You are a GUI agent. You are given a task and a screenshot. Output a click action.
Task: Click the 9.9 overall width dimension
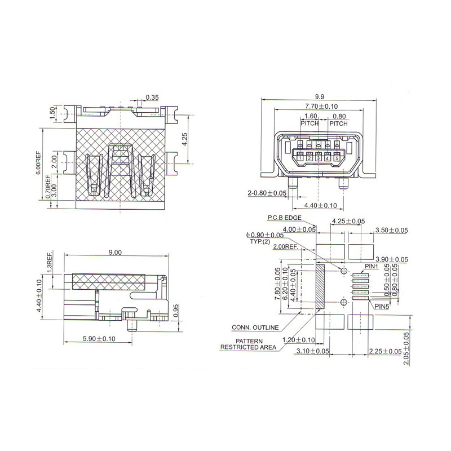pyautogui.click(x=319, y=97)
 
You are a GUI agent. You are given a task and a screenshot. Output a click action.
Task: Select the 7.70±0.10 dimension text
pyautogui.click(x=321, y=107)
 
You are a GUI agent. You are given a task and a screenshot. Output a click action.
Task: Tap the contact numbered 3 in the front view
pyautogui.click(x=318, y=158)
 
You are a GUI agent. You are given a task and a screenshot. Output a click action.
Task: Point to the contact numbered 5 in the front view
pyautogui.click(x=337, y=158)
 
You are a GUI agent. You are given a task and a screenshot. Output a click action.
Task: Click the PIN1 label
pyautogui.click(x=372, y=267)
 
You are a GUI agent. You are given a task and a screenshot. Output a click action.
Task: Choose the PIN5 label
pyautogui.click(x=382, y=307)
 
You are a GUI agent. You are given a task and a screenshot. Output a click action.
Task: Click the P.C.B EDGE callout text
pyautogui.click(x=285, y=218)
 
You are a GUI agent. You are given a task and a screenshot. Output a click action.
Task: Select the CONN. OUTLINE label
pyautogui.click(x=255, y=328)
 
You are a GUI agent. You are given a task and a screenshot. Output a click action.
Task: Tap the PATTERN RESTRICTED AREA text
pyautogui.click(x=248, y=344)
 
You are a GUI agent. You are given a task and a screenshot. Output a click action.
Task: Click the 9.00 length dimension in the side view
pyautogui.click(x=115, y=252)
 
